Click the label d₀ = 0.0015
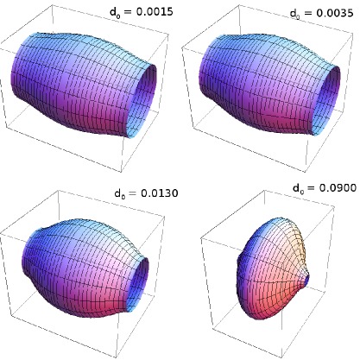pos(142,12)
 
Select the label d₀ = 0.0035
pos(321,13)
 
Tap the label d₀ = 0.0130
pos(146,193)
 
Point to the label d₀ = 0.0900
pos(325,188)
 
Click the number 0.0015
pos(155,11)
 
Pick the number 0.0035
pos(335,13)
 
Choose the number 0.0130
pos(160,193)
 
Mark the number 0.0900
pos(338,187)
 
